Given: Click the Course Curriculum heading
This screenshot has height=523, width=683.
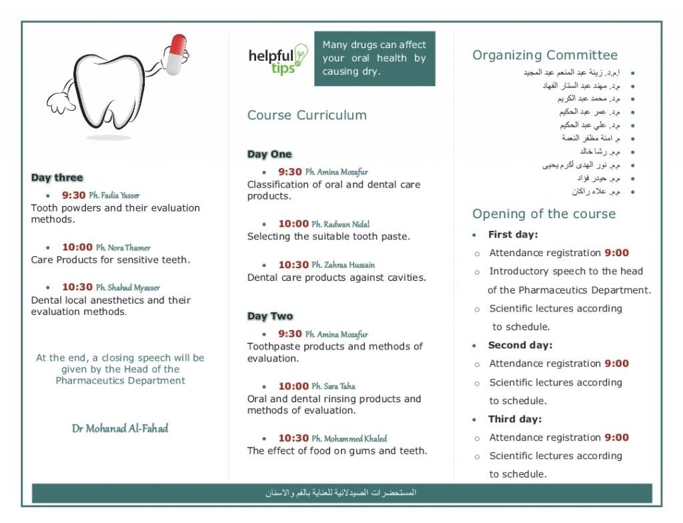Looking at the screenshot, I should [x=307, y=115].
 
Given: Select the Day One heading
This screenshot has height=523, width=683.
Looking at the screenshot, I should [x=269, y=155].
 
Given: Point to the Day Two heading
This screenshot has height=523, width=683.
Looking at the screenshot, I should [x=269, y=316].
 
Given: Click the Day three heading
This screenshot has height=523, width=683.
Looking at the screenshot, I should [x=57, y=178].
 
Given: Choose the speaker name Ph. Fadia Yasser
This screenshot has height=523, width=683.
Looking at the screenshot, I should [x=114, y=195].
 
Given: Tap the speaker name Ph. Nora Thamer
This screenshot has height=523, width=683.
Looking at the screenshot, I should [x=123, y=247].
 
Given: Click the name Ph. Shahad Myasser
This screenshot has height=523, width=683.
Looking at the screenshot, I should [x=127, y=288].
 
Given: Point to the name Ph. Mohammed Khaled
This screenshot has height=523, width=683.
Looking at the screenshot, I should [x=349, y=438].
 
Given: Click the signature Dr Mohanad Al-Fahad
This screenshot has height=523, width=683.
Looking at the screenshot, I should [x=120, y=428].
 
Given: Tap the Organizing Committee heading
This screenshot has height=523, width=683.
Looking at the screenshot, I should [x=545, y=55].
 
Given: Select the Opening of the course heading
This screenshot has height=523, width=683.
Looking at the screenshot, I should [x=544, y=214].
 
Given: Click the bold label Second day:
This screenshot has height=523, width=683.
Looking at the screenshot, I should [x=520, y=346].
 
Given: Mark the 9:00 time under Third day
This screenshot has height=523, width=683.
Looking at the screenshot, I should [x=616, y=438].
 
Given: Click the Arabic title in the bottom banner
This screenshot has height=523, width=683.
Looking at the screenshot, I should [x=341, y=493].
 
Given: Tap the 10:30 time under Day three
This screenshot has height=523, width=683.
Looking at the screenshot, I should [x=77, y=288].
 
